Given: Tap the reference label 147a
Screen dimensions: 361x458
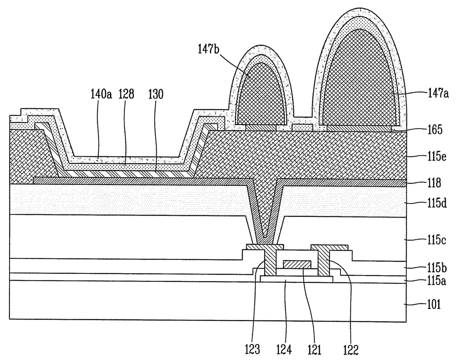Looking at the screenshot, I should tap(438, 94).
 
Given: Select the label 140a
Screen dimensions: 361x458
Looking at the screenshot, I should tap(101, 94).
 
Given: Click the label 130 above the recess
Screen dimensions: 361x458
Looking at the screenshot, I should tap(155, 94).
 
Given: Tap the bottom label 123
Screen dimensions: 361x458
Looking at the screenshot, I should tap(252, 349).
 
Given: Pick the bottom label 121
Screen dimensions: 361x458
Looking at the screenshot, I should tap(313, 349).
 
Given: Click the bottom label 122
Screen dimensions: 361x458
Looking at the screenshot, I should tap(350, 349).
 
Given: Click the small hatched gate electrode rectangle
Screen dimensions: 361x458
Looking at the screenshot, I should tap(297, 264).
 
